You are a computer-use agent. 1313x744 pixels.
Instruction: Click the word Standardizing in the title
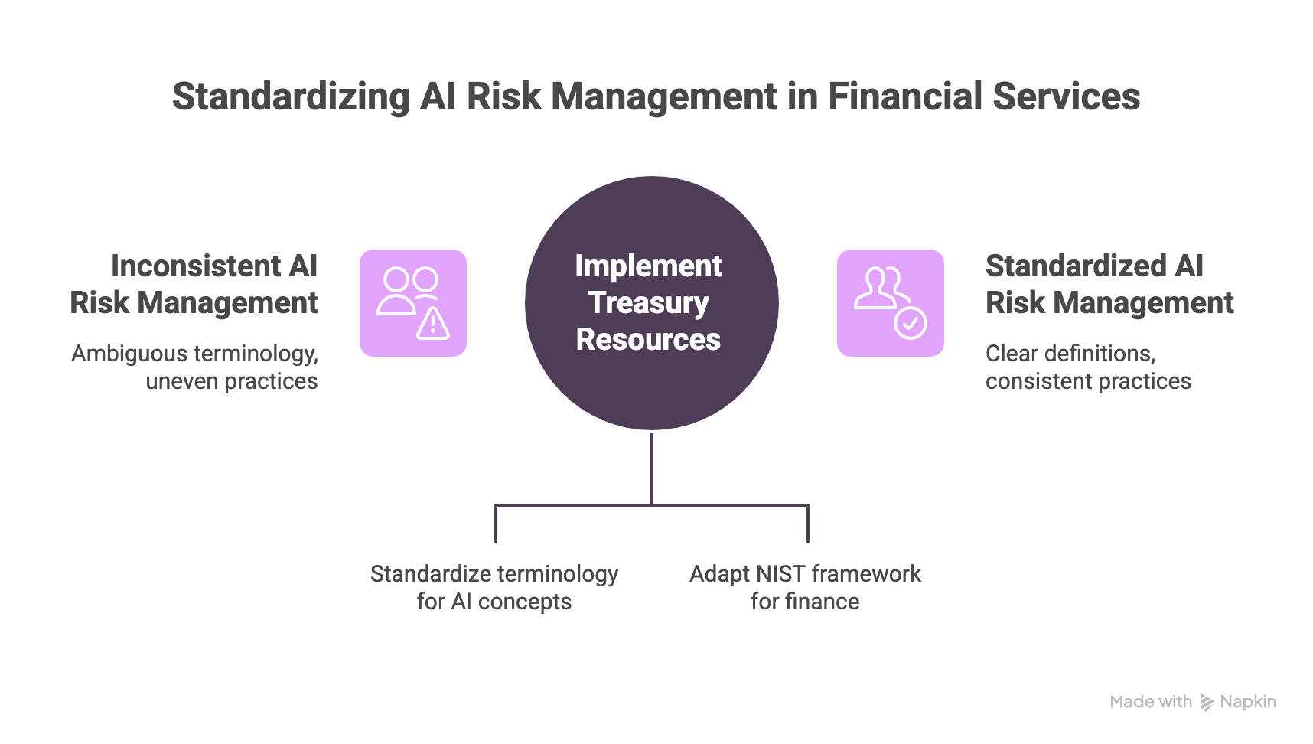[291, 97]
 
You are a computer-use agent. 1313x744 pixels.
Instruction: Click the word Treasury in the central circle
[648, 303]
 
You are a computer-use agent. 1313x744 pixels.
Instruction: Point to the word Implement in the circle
[648, 266]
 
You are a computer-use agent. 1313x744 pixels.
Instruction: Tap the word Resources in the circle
[648, 340]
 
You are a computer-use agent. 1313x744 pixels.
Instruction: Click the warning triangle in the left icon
[433, 324]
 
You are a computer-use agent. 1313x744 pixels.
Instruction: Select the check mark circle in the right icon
[911, 323]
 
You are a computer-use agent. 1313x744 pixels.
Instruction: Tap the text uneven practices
[231, 381]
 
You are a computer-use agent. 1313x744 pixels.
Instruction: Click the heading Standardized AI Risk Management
[1109, 285]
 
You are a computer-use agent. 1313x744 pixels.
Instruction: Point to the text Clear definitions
[1069, 354]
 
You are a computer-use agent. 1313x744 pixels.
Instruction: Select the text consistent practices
[1087, 381]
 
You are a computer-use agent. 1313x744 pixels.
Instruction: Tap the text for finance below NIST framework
[804, 602]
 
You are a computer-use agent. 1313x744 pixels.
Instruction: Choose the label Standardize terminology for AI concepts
[494, 588]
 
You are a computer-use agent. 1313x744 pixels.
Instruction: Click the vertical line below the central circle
[652, 467]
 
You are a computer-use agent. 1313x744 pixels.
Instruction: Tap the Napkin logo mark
[1207, 703]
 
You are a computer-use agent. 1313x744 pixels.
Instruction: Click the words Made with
[1151, 702]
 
